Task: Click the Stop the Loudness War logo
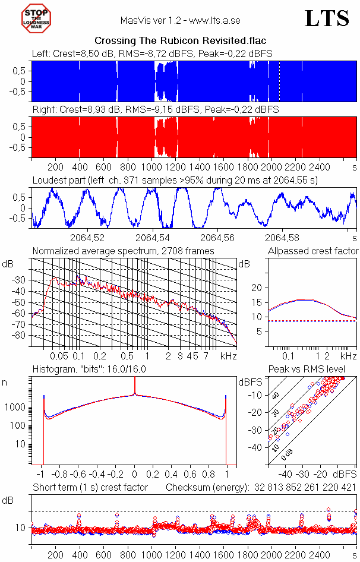(37, 18)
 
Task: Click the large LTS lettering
(327, 19)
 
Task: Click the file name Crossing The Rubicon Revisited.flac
(180, 40)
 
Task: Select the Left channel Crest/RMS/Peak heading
(152, 53)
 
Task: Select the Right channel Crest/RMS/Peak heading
(155, 110)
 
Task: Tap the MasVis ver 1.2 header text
(180, 20)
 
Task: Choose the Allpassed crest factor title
(313, 251)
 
